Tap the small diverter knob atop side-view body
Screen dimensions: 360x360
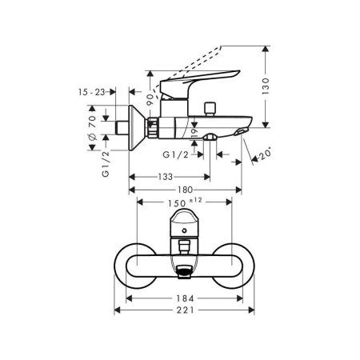pyautogui.click(x=214, y=106)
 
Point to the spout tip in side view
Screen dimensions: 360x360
pyautogui.click(x=240, y=130)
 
